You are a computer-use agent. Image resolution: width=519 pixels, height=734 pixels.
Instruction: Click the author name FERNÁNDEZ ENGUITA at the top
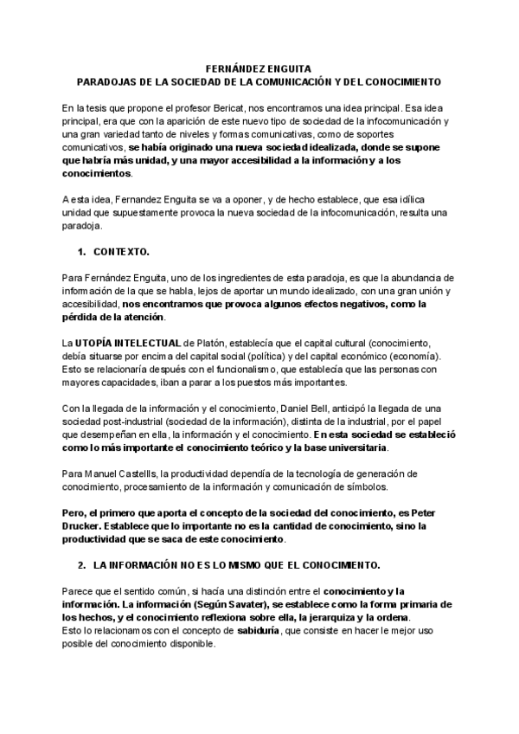(259, 68)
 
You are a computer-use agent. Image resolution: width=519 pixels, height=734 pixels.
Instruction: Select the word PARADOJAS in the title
(108, 80)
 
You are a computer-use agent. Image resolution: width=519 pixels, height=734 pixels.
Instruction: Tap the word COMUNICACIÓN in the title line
(300, 80)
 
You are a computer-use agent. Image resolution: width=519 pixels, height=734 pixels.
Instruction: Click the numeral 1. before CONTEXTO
(81, 252)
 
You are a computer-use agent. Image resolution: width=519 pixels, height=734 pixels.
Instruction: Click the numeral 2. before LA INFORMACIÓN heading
(81, 564)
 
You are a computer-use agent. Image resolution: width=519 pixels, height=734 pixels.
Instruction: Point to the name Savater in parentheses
(226, 603)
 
